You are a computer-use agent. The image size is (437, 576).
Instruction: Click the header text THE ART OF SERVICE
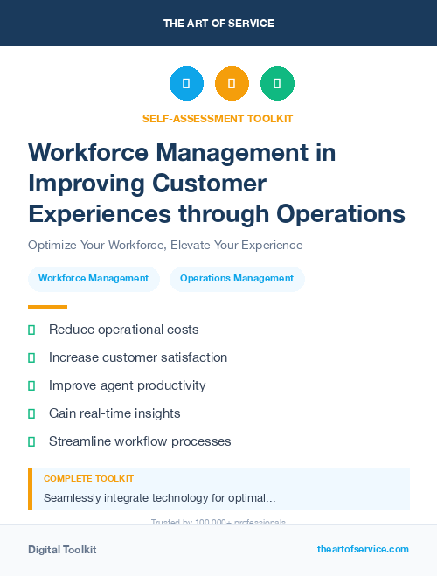218,24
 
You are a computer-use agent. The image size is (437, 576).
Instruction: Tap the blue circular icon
186,84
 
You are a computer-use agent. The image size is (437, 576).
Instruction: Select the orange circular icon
232,84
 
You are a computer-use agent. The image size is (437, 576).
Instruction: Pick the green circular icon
277,84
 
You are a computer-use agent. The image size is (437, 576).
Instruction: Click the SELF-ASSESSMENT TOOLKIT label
218,118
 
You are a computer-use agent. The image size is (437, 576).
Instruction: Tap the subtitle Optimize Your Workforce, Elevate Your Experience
165,245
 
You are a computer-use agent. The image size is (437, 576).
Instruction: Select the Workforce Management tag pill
94,279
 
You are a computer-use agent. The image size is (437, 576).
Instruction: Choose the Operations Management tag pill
237,279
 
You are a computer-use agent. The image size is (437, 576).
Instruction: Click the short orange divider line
47,307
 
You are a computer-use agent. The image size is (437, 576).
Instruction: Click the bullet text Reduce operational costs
124,330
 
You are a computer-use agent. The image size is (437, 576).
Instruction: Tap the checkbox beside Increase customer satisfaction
31,357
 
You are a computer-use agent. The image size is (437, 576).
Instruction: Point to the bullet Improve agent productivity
128,385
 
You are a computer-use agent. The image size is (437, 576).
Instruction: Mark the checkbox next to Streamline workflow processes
31,441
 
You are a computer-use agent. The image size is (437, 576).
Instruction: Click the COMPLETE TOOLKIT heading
88,479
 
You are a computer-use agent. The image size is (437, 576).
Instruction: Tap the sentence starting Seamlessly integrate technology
160,498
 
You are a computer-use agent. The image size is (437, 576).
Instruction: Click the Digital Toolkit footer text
62,550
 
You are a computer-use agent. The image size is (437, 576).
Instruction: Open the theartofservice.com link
363,549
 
